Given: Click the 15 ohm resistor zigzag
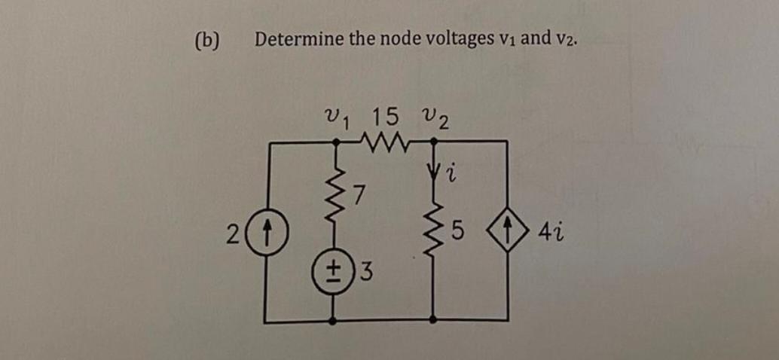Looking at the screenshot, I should pos(385,141).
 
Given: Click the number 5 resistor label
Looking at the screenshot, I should pos(457,228).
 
